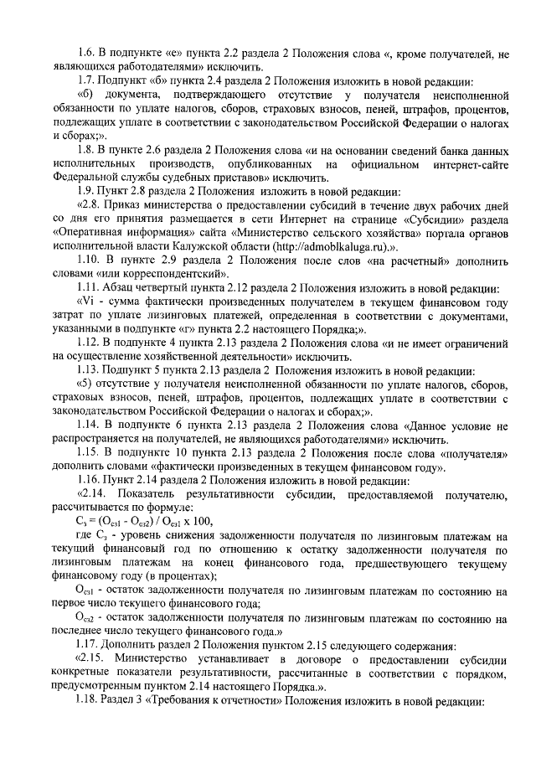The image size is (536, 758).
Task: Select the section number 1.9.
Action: coord(83,190)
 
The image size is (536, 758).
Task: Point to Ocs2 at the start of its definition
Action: coord(85,617)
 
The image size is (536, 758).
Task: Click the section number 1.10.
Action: coord(86,260)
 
